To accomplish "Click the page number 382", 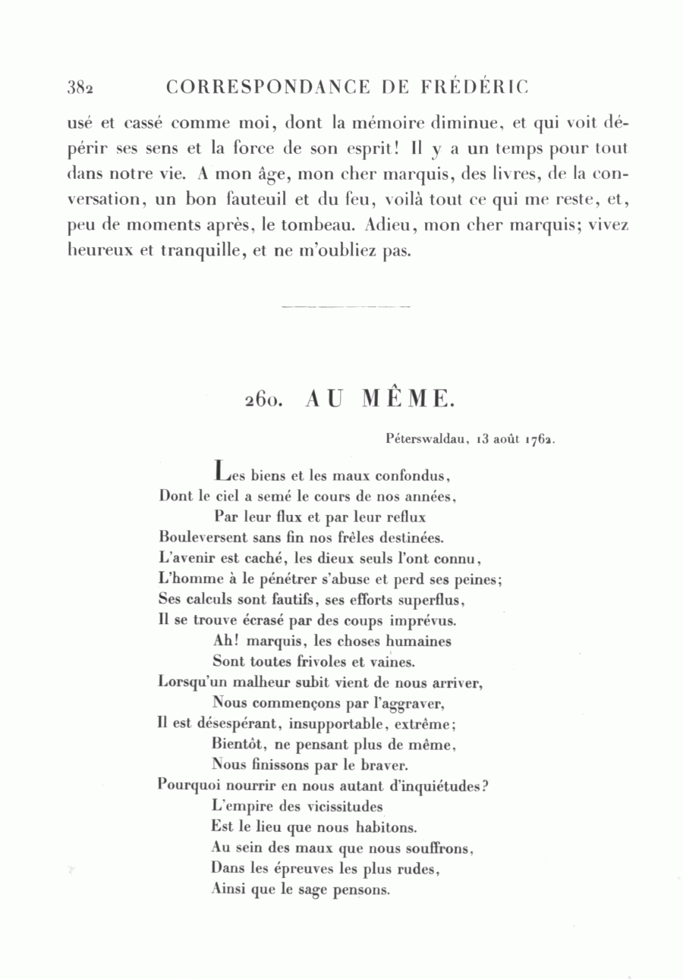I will pos(80,88).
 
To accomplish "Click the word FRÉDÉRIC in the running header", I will pos(474,87).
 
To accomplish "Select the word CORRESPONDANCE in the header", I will pos(269,87).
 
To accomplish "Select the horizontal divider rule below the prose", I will pos(345,306).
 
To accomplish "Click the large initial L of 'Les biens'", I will pos(221,472).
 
